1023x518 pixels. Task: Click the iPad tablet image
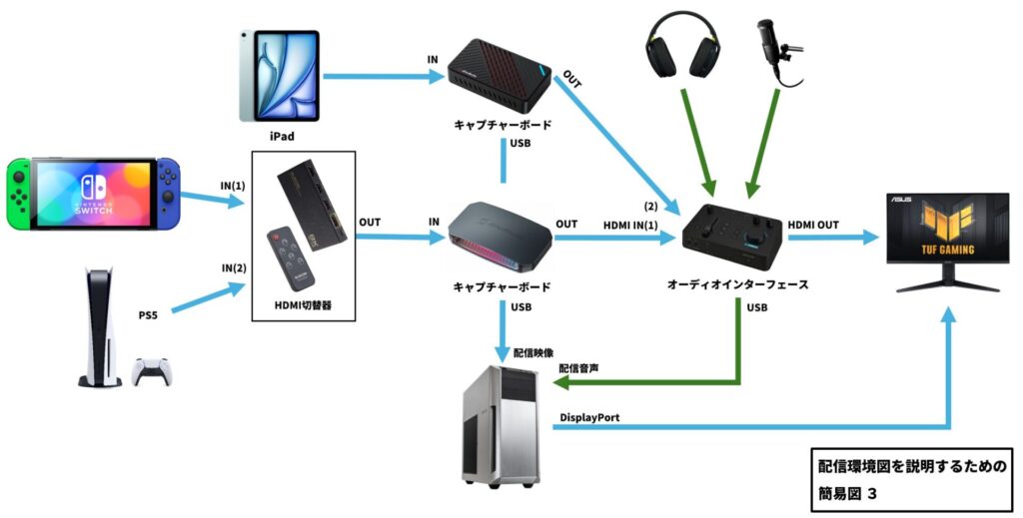tap(279, 74)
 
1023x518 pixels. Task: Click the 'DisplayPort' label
tap(589, 417)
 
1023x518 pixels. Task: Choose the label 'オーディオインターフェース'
tap(736, 284)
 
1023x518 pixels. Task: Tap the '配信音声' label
tap(579, 369)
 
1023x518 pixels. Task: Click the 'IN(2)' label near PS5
tap(234, 268)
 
